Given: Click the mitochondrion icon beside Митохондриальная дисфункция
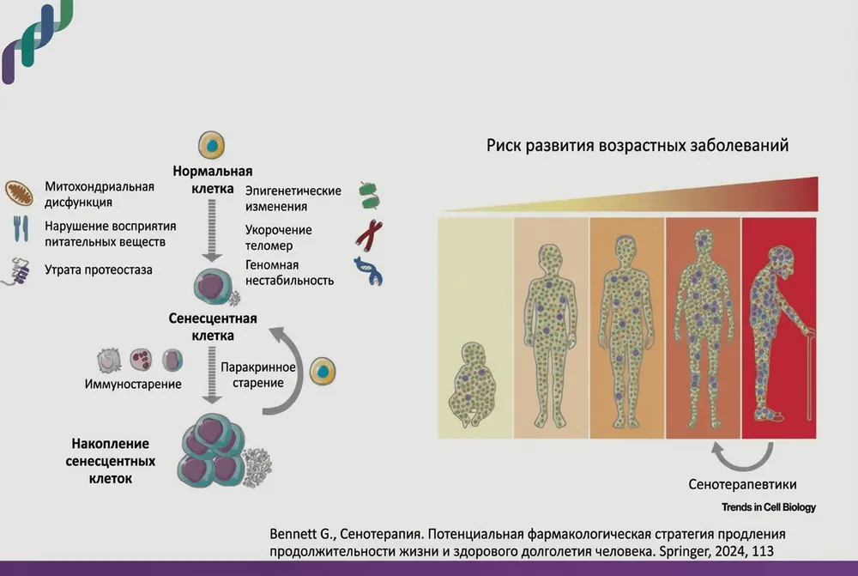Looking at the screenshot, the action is (18, 193).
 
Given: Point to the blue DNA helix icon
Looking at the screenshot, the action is (369, 271).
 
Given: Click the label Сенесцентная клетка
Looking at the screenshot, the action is (213, 327).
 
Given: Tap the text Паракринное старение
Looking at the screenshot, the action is (258, 374).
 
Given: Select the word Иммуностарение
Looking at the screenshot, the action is (133, 384).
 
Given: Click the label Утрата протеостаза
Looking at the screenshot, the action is (98, 270).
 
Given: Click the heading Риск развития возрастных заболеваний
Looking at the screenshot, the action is (637, 145).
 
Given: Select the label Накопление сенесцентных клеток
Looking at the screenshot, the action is (111, 461).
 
